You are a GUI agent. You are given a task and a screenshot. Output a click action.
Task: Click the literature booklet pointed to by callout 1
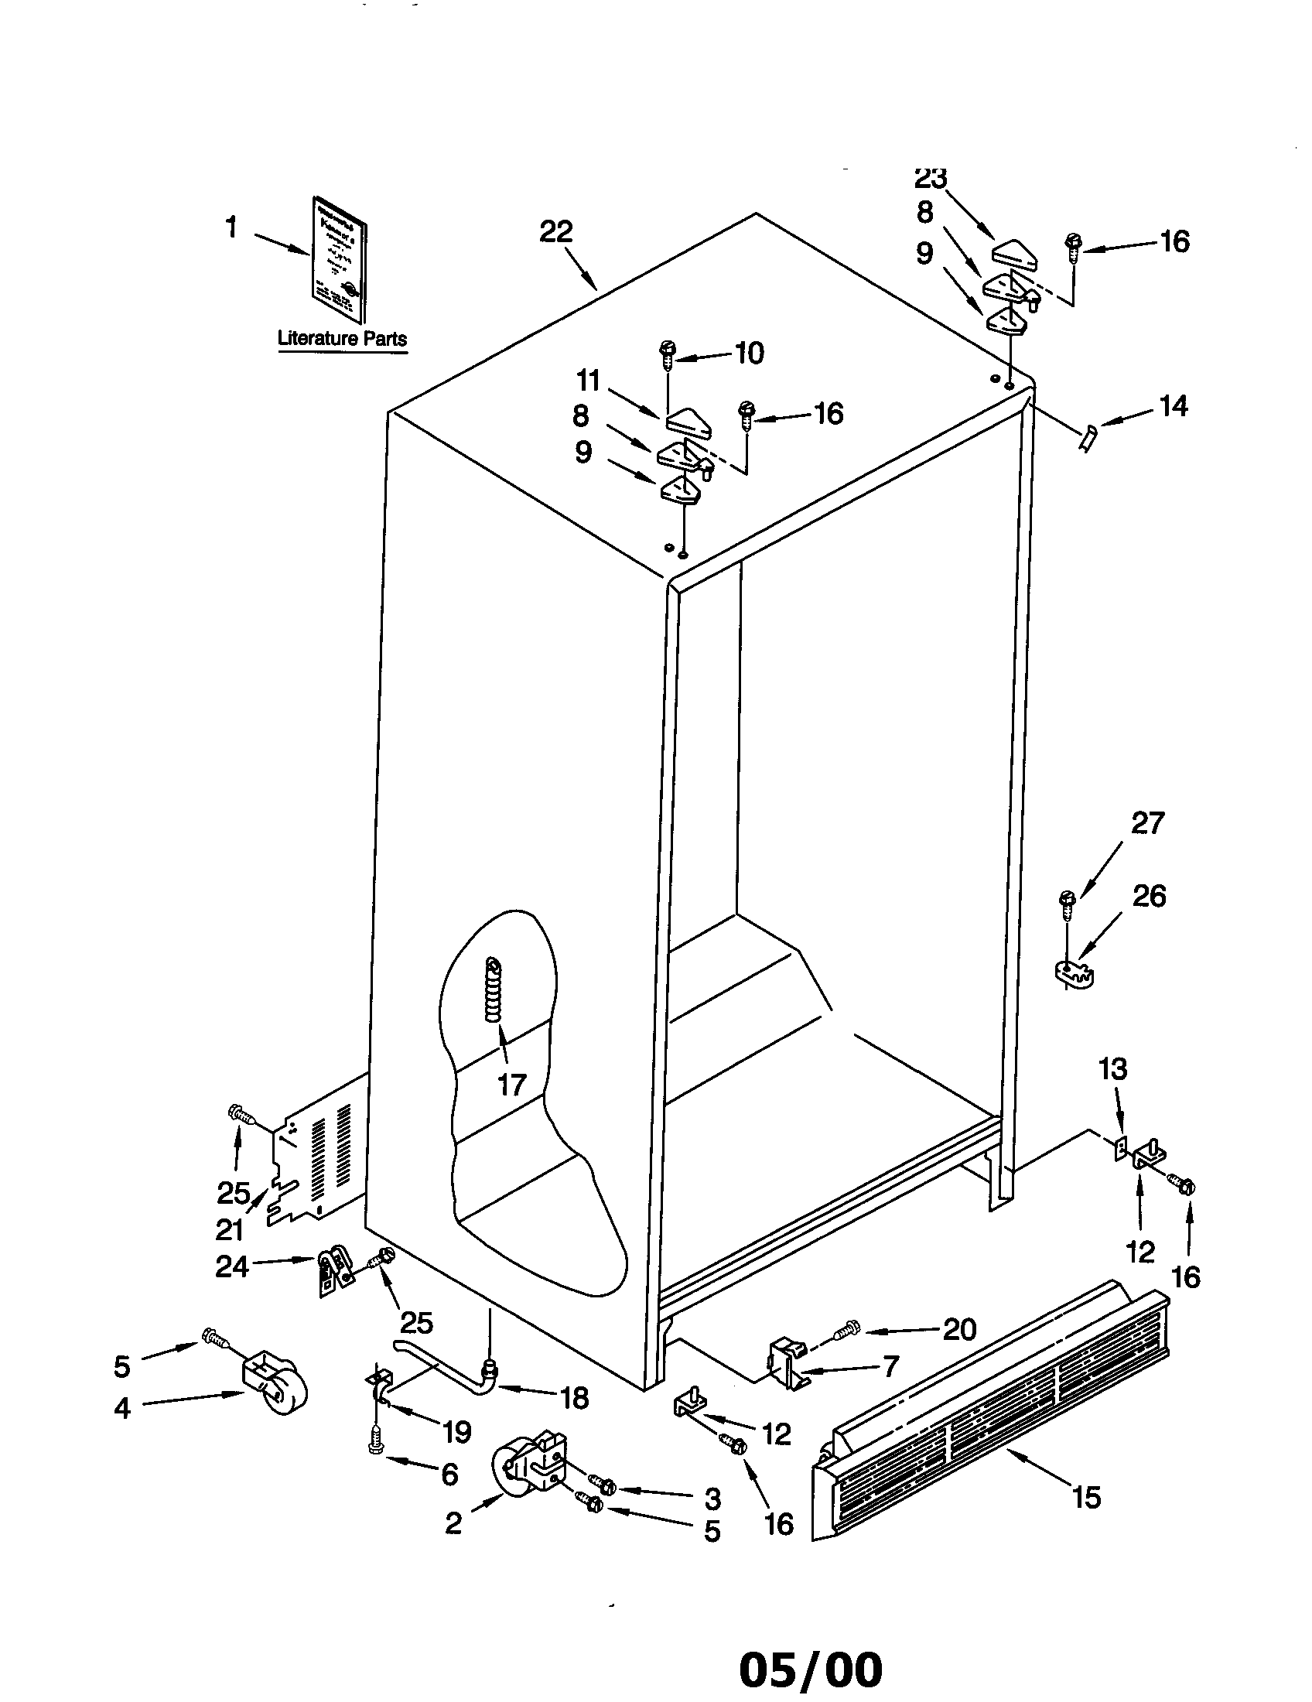click(340, 258)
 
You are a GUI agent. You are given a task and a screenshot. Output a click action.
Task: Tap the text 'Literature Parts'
click(342, 339)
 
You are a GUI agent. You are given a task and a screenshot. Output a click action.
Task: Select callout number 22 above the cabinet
click(556, 231)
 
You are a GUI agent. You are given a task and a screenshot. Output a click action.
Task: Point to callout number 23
click(930, 179)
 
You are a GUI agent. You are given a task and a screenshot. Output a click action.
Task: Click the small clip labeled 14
click(1089, 439)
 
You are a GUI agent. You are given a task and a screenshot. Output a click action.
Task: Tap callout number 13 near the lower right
click(1112, 1069)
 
